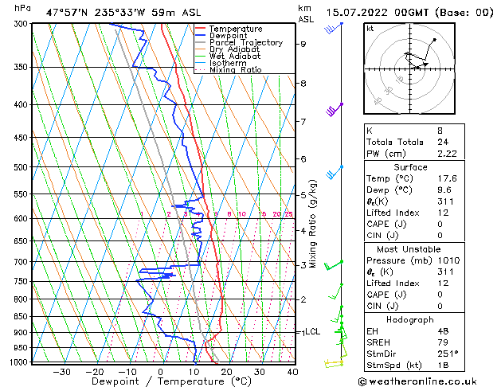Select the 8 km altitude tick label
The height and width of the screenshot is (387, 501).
(x=303, y=83)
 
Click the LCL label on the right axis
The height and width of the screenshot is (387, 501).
(x=312, y=331)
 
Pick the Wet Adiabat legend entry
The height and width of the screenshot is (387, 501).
(x=234, y=57)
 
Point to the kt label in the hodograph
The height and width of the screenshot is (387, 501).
(x=370, y=28)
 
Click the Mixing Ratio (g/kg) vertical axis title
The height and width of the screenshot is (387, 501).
(x=313, y=223)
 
